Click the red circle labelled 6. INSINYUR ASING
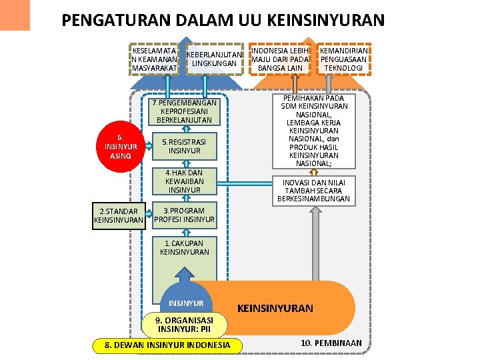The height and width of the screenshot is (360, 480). coord(121,147)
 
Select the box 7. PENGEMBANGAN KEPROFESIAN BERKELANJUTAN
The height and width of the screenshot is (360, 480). coord(185,112)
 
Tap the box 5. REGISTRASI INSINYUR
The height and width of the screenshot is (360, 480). coord(185,147)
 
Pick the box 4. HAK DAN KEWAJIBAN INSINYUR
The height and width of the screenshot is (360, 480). coord(185,181)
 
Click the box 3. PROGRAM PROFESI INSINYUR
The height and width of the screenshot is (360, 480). coord(185,215)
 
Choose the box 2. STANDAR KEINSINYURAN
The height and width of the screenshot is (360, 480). coord(119,216)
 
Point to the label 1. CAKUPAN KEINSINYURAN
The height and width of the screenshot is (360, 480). coord(185,247)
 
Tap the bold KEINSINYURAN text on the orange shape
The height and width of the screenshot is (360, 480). coord(275,308)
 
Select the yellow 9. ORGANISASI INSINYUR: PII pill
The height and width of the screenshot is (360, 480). coord(185,325)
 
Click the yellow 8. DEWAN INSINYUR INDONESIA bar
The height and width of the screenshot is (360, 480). coord(167,345)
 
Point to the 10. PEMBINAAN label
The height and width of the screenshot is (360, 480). coord(331,343)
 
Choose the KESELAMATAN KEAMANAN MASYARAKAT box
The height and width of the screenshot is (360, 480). coord(155,59)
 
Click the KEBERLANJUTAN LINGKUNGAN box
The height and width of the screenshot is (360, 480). coord(213,59)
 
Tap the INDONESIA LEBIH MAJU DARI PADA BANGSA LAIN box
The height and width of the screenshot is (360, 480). coord(280,59)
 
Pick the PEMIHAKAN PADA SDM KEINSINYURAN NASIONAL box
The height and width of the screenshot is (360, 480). coord(314,131)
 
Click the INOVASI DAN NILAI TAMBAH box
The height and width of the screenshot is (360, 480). coord(314,190)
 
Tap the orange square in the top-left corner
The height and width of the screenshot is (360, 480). coord(15,15)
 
